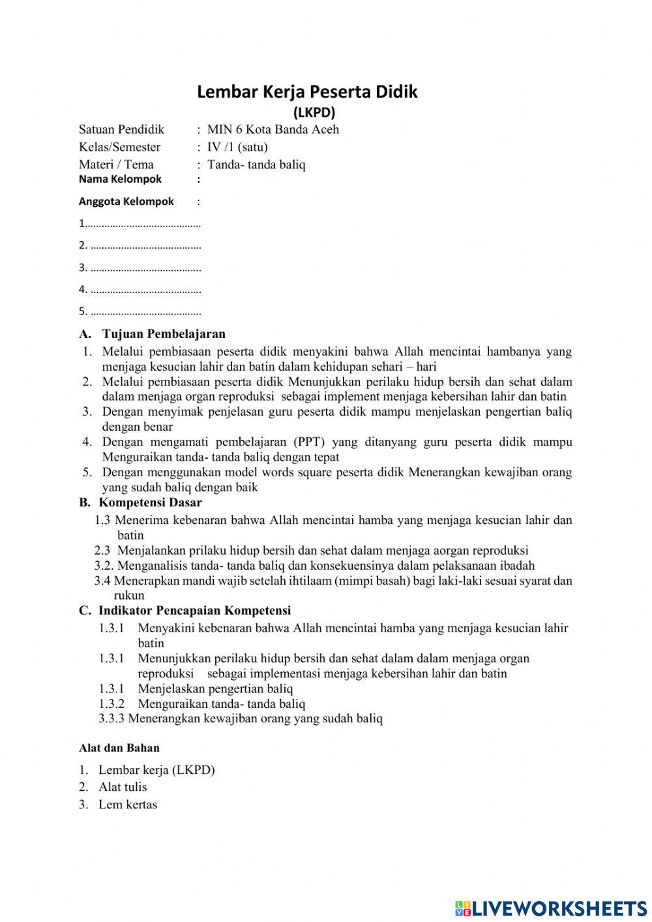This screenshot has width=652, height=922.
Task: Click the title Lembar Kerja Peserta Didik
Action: pyautogui.click(x=307, y=92)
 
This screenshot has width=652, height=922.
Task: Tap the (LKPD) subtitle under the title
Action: pyautogui.click(x=314, y=112)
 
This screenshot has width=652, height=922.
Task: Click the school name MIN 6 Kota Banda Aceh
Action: pyautogui.click(x=273, y=129)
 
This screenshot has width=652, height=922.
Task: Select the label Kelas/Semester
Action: pyautogui.click(x=119, y=147)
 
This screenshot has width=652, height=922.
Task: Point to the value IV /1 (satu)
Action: pyautogui.click(x=237, y=147)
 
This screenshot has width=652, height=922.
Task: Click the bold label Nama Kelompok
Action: pyautogui.click(x=120, y=179)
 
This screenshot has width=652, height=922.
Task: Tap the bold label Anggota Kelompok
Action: pyautogui.click(x=126, y=202)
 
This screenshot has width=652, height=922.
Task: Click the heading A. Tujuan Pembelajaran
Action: pyautogui.click(x=152, y=334)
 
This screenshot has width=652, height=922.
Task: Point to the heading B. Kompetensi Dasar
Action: pyautogui.click(x=140, y=502)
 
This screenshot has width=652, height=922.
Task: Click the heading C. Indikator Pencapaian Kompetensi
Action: pyautogui.click(x=185, y=611)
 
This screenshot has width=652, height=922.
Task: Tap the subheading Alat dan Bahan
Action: pyautogui.click(x=119, y=748)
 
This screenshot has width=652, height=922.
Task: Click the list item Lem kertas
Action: pyautogui.click(x=128, y=805)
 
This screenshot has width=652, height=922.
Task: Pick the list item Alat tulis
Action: pyautogui.click(x=123, y=787)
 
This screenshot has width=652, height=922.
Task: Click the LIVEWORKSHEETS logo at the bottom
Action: pyautogui.click(x=550, y=908)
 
